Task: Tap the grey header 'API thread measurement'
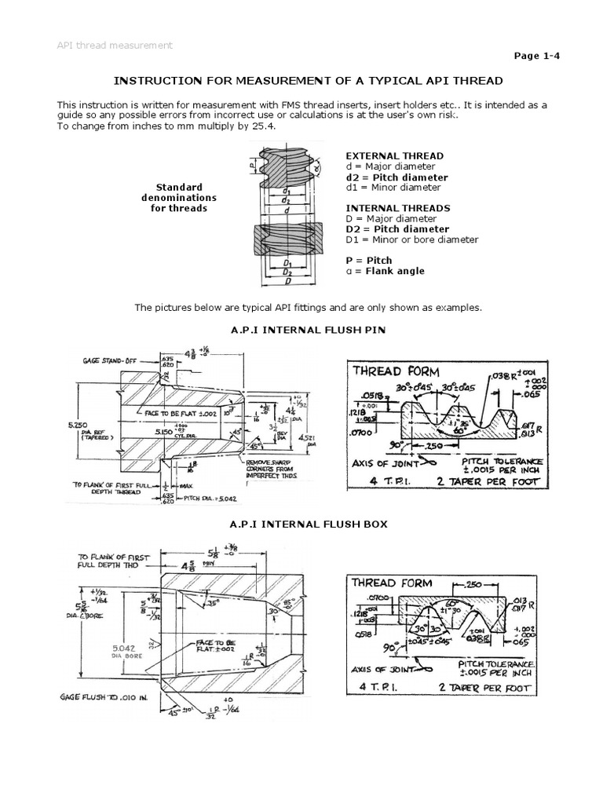coord(115,46)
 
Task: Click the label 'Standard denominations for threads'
coord(179,198)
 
